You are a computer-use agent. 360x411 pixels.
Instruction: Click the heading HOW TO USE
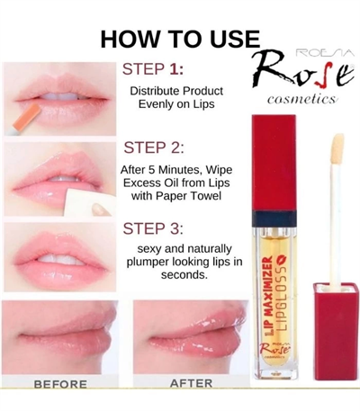coord(179,40)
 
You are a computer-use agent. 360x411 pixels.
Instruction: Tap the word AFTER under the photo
coord(191,383)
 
